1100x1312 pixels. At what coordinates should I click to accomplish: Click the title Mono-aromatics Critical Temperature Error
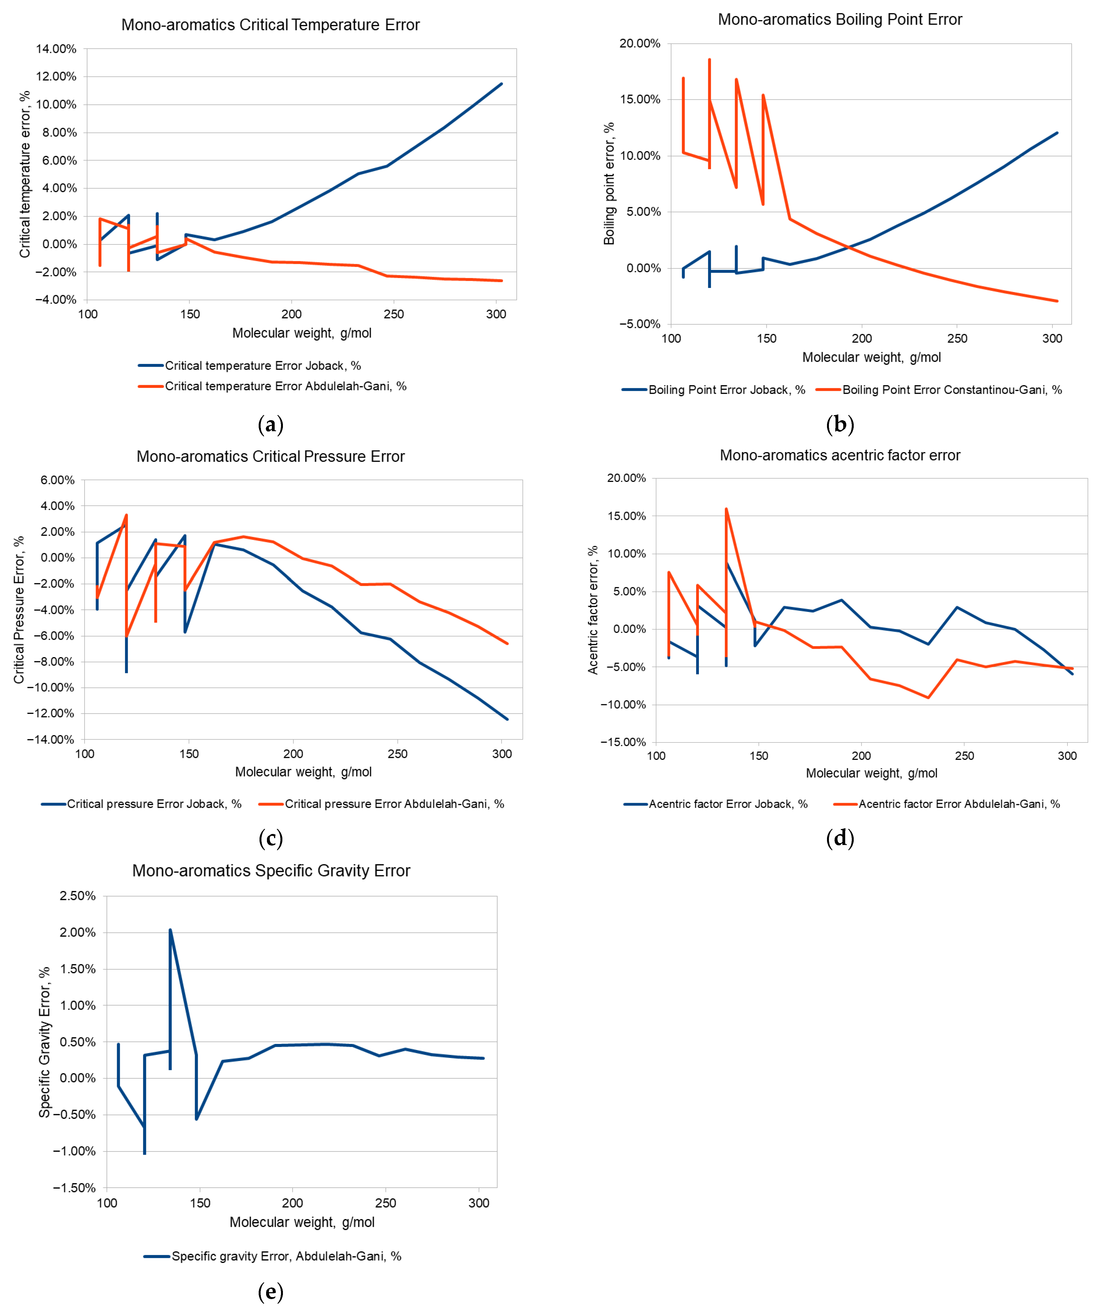271,25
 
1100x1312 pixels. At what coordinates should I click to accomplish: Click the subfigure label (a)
271,425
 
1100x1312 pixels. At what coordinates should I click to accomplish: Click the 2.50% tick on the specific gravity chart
77,896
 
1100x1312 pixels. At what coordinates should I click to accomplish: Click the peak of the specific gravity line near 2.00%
170,930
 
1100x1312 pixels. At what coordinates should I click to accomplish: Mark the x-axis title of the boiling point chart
871,357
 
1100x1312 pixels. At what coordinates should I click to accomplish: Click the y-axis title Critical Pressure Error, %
19,610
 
